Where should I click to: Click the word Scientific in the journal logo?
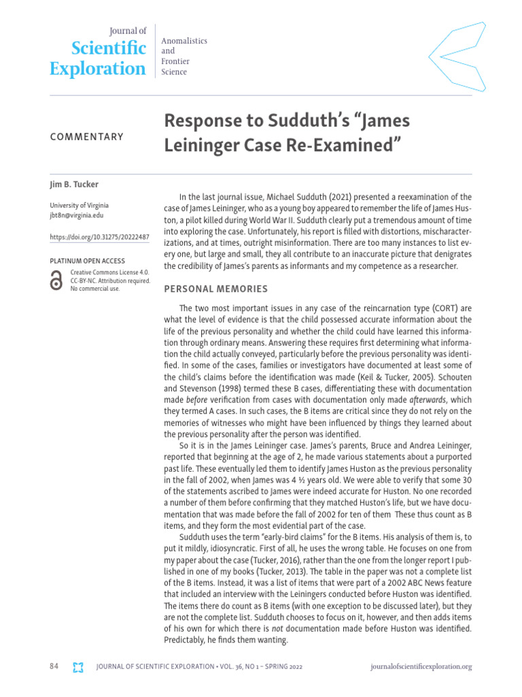(109, 48)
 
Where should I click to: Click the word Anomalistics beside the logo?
(184, 42)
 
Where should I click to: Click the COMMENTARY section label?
(87, 137)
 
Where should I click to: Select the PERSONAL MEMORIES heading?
(215, 289)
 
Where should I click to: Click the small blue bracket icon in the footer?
(78, 667)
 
